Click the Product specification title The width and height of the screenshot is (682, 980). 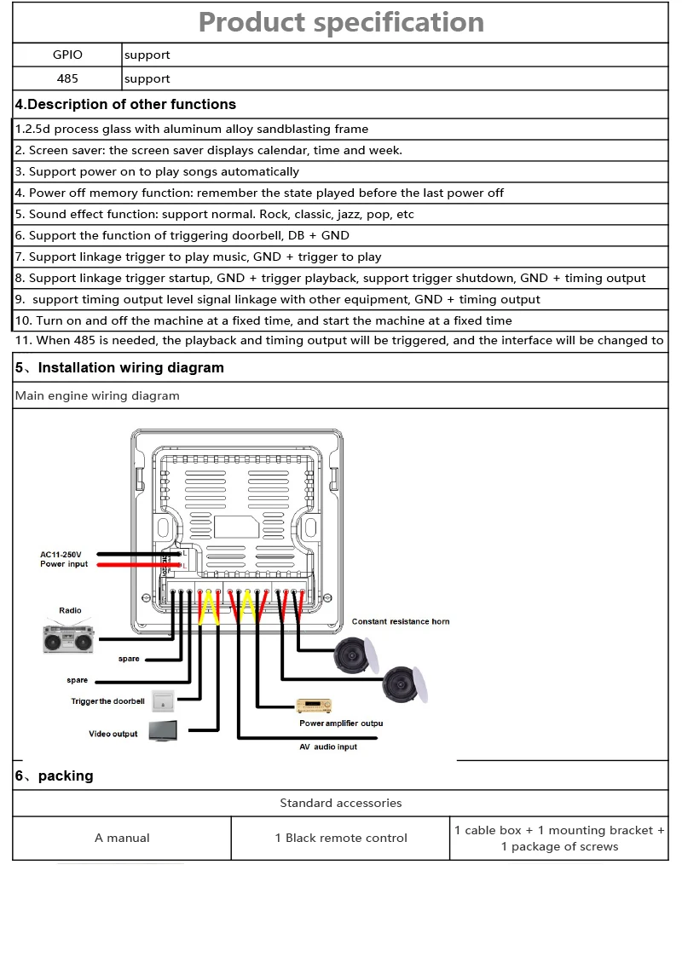(341, 22)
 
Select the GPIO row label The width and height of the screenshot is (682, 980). (67, 55)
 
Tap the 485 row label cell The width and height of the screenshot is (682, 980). (67, 78)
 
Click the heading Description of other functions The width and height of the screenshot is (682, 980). (125, 104)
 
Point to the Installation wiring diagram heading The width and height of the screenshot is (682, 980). (119, 367)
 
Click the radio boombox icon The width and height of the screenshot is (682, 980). (68, 637)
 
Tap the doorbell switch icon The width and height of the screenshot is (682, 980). (162, 701)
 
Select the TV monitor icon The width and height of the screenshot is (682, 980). (164, 731)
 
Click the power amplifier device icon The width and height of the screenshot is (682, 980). (313, 706)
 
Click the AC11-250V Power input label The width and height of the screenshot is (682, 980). (65, 559)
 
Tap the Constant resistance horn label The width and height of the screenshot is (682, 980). (401, 621)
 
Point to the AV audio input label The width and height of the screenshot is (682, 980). (328, 747)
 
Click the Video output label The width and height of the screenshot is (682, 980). (113, 734)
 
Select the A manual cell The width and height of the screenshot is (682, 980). (122, 838)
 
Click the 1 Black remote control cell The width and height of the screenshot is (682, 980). (341, 838)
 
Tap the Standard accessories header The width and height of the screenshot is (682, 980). (341, 803)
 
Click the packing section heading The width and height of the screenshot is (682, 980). (55, 775)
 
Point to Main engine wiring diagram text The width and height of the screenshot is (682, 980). (97, 395)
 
